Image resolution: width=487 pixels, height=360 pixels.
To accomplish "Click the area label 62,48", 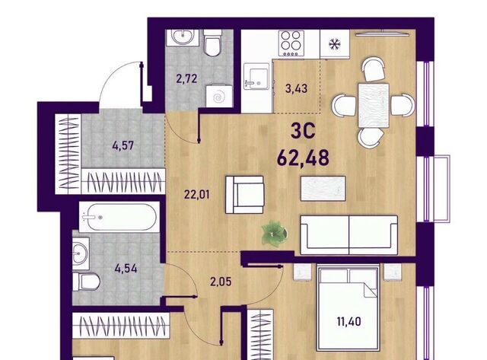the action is coord(303,158).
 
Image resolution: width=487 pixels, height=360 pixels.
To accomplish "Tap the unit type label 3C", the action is coord(303,131).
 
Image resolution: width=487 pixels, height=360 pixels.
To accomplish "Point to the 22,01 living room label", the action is coord(197,195).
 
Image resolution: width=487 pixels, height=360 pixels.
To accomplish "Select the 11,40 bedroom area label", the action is coord(349,321).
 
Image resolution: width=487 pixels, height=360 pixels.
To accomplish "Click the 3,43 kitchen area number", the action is coord(296,88).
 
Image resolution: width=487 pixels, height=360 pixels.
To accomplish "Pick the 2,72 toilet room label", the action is coord(186,78).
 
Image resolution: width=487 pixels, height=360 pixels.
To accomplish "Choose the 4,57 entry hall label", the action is coord(123,145).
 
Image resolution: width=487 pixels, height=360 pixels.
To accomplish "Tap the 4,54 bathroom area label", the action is coord(126,268).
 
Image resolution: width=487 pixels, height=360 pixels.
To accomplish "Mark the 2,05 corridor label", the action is coord(221,282).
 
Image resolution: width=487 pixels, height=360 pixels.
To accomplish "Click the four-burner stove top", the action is coord(291,43).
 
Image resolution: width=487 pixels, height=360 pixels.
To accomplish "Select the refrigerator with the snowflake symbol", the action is coord(335,44).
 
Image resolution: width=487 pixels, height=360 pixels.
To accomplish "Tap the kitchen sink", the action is coord(256,76).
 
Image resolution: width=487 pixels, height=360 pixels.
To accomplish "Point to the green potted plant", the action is coord(274,233).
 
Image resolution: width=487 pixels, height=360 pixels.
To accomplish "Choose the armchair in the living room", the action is coord(245,195).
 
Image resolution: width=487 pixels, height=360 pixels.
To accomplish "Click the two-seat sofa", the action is coord(349,235).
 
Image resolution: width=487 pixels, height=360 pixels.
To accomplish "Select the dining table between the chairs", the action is coord(374,105).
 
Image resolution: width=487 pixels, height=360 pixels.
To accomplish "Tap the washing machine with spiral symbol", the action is coord(219,97).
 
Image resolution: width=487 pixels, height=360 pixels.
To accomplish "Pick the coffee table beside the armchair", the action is coord(323,189).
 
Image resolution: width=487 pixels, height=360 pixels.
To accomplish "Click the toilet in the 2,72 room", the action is coord(213,43).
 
